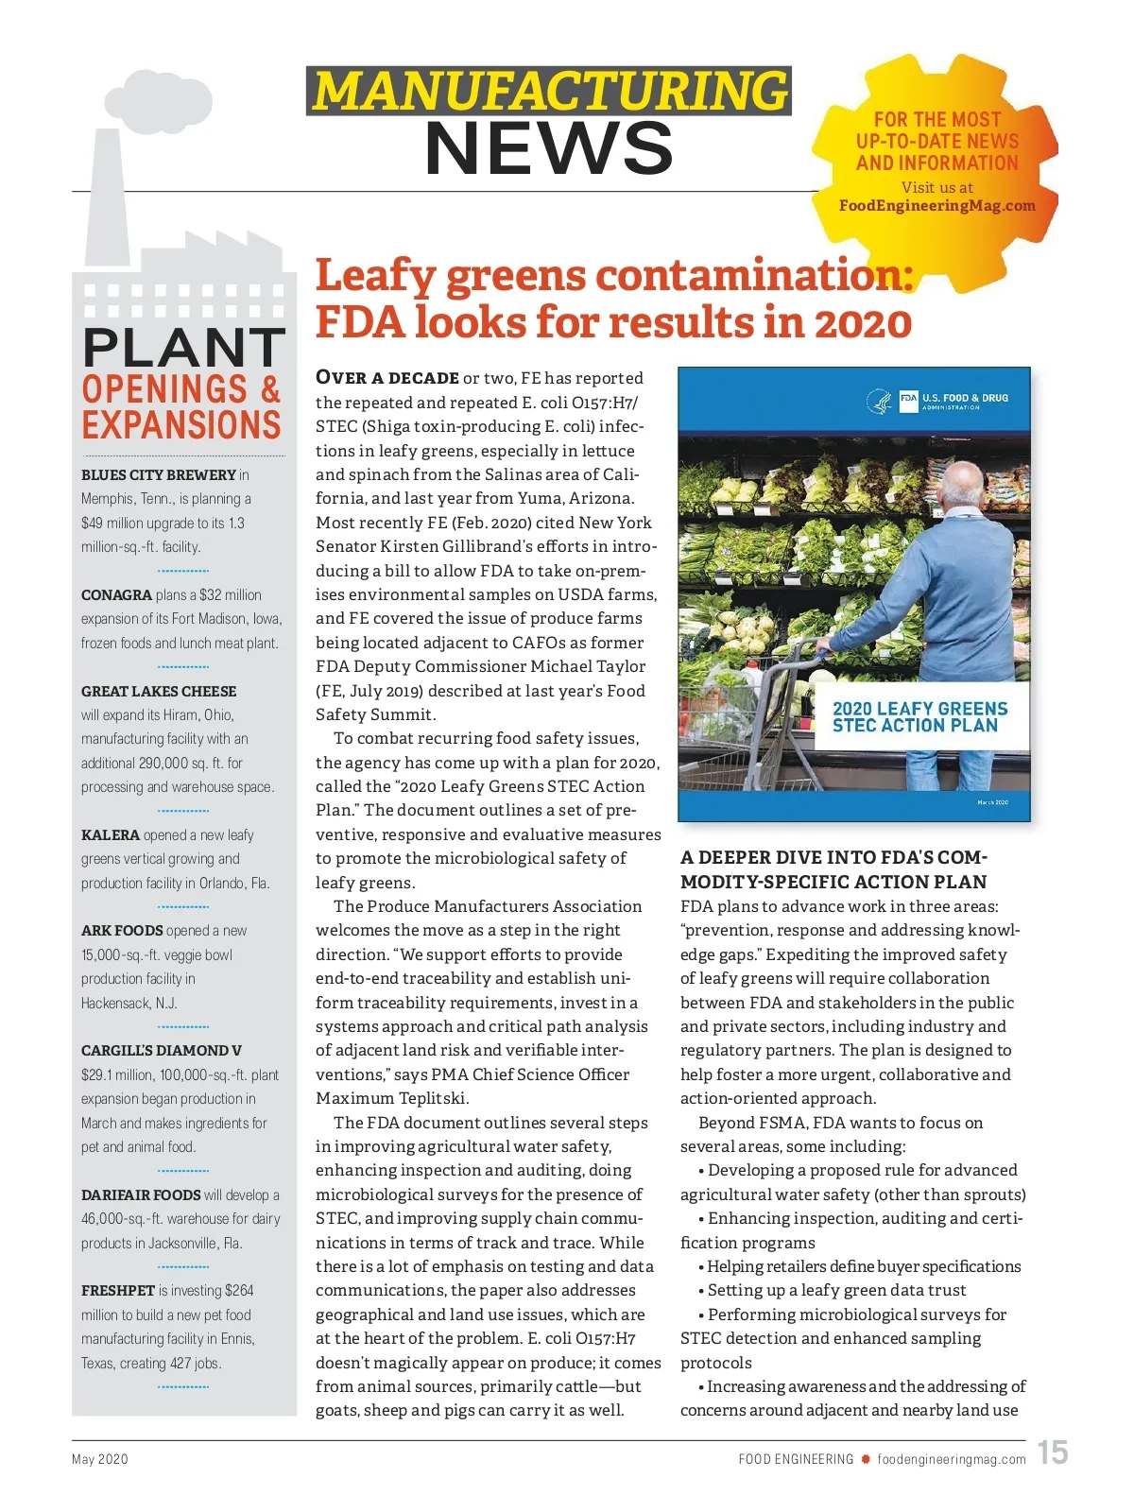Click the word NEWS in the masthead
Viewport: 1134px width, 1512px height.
click(549, 149)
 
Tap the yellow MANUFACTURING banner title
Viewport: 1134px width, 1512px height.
click(549, 92)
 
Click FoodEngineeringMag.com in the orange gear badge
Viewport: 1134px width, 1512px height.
click(936, 206)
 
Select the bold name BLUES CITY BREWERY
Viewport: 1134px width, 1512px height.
click(159, 475)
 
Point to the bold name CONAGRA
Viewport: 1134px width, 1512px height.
click(116, 595)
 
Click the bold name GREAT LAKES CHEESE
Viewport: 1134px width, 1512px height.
click(159, 692)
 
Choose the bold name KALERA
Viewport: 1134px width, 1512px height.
click(111, 835)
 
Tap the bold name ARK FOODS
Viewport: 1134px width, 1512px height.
click(122, 931)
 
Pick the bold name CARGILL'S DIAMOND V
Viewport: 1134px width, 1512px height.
click(162, 1051)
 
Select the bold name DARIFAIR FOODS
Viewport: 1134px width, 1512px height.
click(141, 1195)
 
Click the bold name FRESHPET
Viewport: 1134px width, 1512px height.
click(118, 1291)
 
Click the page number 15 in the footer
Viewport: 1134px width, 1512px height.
click(1053, 1452)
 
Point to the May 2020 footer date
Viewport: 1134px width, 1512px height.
click(100, 1459)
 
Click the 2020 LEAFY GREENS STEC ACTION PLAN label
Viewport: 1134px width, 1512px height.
click(919, 717)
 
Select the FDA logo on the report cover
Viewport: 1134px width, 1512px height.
click(907, 399)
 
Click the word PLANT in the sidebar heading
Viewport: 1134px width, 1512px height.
click(183, 347)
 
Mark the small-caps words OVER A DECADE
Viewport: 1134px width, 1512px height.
click(387, 378)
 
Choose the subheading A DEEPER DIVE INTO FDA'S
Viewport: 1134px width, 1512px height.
click(833, 858)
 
